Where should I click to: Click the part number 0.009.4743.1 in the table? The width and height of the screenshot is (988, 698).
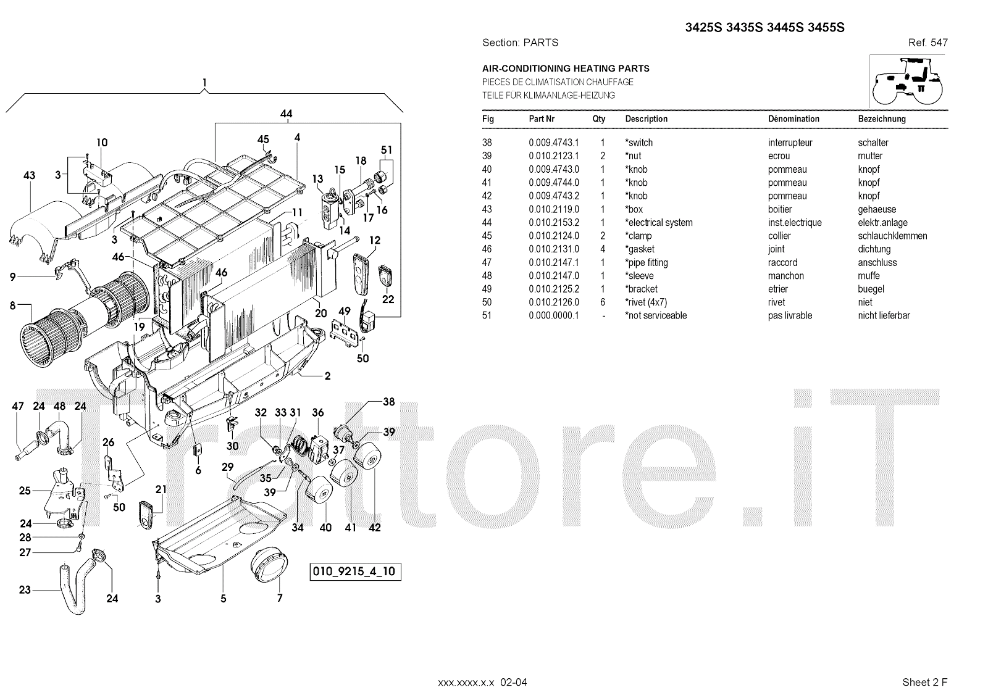click(553, 143)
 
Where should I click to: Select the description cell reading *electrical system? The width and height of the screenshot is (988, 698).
click(659, 223)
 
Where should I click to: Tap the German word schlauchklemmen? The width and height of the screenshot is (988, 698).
click(892, 236)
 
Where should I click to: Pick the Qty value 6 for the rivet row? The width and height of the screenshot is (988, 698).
click(603, 302)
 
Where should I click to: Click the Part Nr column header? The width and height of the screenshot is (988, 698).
click(542, 119)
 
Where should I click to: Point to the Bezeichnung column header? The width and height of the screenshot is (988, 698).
click(881, 119)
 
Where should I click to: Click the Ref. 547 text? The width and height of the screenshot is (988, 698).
click(927, 43)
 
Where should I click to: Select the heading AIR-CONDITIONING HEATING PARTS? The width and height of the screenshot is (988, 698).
click(566, 69)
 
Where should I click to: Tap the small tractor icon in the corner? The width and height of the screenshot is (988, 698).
click(908, 81)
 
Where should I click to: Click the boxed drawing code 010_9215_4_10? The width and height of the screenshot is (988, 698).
click(356, 571)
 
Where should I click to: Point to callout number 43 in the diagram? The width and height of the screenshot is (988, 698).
click(29, 175)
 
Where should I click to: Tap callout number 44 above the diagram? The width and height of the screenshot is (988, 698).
click(286, 114)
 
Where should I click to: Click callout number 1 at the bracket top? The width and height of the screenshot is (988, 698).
click(204, 83)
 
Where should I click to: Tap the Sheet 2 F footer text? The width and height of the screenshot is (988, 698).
click(924, 682)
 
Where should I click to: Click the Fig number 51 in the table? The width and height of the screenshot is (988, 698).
click(487, 316)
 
